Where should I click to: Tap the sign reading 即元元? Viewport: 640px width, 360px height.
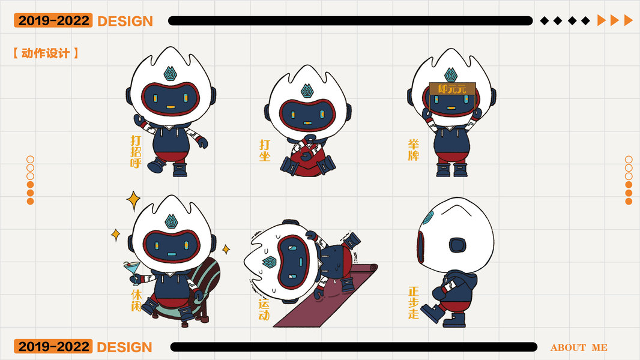click(x=452, y=88)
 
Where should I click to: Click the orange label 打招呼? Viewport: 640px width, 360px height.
click(x=136, y=152)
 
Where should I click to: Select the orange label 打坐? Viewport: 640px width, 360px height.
click(x=265, y=151)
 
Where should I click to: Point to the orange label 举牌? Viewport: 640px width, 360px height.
click(x=414, y=150)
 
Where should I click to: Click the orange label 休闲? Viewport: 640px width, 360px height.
click(x=136, y=300)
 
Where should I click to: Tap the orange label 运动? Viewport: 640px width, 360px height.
click(x=264, y=310)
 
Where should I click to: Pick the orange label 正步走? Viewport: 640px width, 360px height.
click(x=414, y=302)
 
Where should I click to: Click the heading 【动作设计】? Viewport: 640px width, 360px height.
click(x=46, y=53)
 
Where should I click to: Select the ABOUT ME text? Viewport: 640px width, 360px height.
click(x=579, y=348)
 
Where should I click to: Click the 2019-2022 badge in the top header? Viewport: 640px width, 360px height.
click(x=53, y=20)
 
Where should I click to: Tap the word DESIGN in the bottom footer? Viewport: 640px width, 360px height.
click(x=124, y=347)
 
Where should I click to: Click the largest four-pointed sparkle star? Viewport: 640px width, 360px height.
click(x=133, y=200)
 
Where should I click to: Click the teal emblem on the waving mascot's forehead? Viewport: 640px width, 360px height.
click(x=170, y=73)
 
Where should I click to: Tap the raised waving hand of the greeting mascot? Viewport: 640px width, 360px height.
click(x=139, y=121)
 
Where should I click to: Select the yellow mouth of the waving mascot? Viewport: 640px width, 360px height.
click(x=171, y=107)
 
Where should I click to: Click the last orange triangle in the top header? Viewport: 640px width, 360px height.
click(x=628, y=20)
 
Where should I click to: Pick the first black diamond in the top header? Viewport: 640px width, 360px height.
click(x=544, y=21)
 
